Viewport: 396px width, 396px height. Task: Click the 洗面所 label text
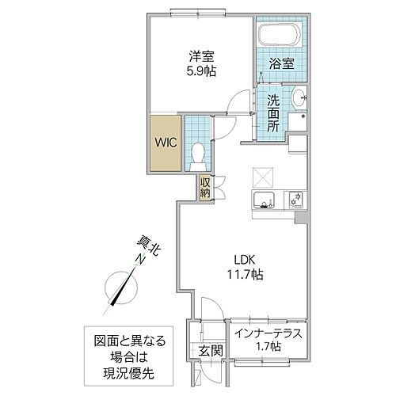coord(273,112)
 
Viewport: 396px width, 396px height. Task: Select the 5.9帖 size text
coord(202,70)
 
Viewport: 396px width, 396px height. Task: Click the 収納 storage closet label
coord(205,188)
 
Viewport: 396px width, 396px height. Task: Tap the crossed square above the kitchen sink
coord(263,173)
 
